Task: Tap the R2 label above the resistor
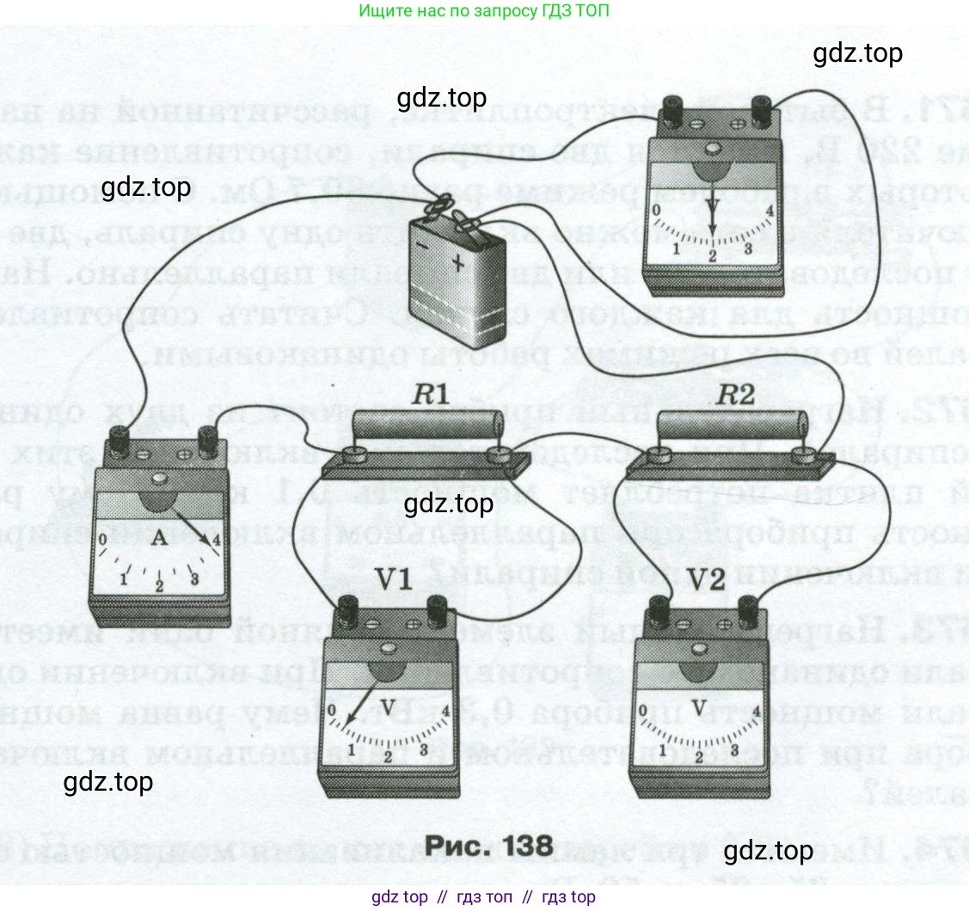click(x=736, y=396)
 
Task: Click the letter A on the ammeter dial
click(x=158, y=539)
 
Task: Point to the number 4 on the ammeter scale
click(x=216, y=541)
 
